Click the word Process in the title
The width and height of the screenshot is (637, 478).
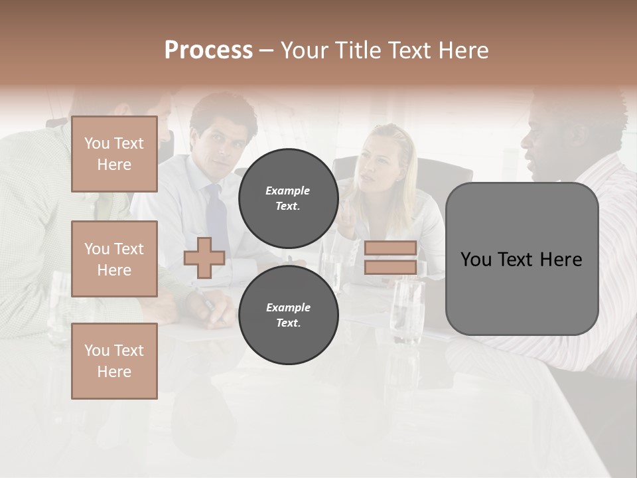click(208, 50)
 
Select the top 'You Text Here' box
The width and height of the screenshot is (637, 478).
click(114, 154)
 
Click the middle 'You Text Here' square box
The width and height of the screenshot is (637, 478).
click(114, 259)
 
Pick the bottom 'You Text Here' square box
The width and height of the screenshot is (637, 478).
click(114, 361)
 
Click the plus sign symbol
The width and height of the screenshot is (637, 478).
click(204, 258)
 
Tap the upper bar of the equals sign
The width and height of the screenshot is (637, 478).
click(390, 248)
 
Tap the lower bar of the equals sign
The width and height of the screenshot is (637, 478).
click(390, 268)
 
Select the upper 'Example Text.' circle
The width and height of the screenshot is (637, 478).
click(288, 198)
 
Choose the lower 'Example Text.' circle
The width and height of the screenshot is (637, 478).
click(288, 315)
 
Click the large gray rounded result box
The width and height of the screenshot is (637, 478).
click(522, 259)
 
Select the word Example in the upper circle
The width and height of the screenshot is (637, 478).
click(288, 191)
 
